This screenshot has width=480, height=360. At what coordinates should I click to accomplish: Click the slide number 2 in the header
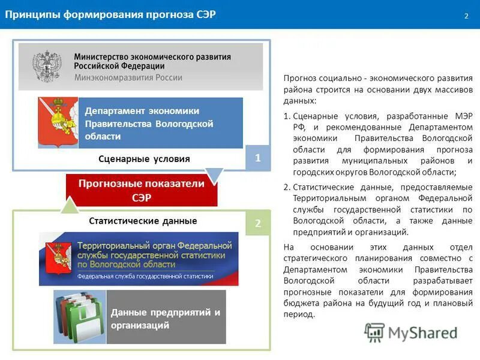pos(466,15)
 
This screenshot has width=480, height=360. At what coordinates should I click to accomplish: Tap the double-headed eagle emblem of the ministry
pos(47,67)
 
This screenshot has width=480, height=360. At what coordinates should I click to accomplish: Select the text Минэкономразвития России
pos(128,77)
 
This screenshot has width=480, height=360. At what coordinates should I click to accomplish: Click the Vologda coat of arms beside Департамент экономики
pos(56,123)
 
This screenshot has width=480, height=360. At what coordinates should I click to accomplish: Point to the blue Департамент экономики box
pos(160,123)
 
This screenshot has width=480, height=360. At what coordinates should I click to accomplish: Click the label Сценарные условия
pos(144,159)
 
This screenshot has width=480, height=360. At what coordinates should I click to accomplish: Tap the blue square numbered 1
pos(258,158)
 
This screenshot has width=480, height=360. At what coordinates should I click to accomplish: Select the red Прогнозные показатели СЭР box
pos(142,190)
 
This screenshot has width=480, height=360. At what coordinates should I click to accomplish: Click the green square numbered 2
pos(258,223)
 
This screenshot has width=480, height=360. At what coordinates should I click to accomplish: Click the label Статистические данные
pos(143,221)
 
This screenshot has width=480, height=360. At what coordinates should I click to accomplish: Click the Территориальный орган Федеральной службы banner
pos(139,259)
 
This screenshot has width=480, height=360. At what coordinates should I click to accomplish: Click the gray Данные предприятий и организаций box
pos(166,318)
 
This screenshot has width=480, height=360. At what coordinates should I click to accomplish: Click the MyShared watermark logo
pos(410,332)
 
